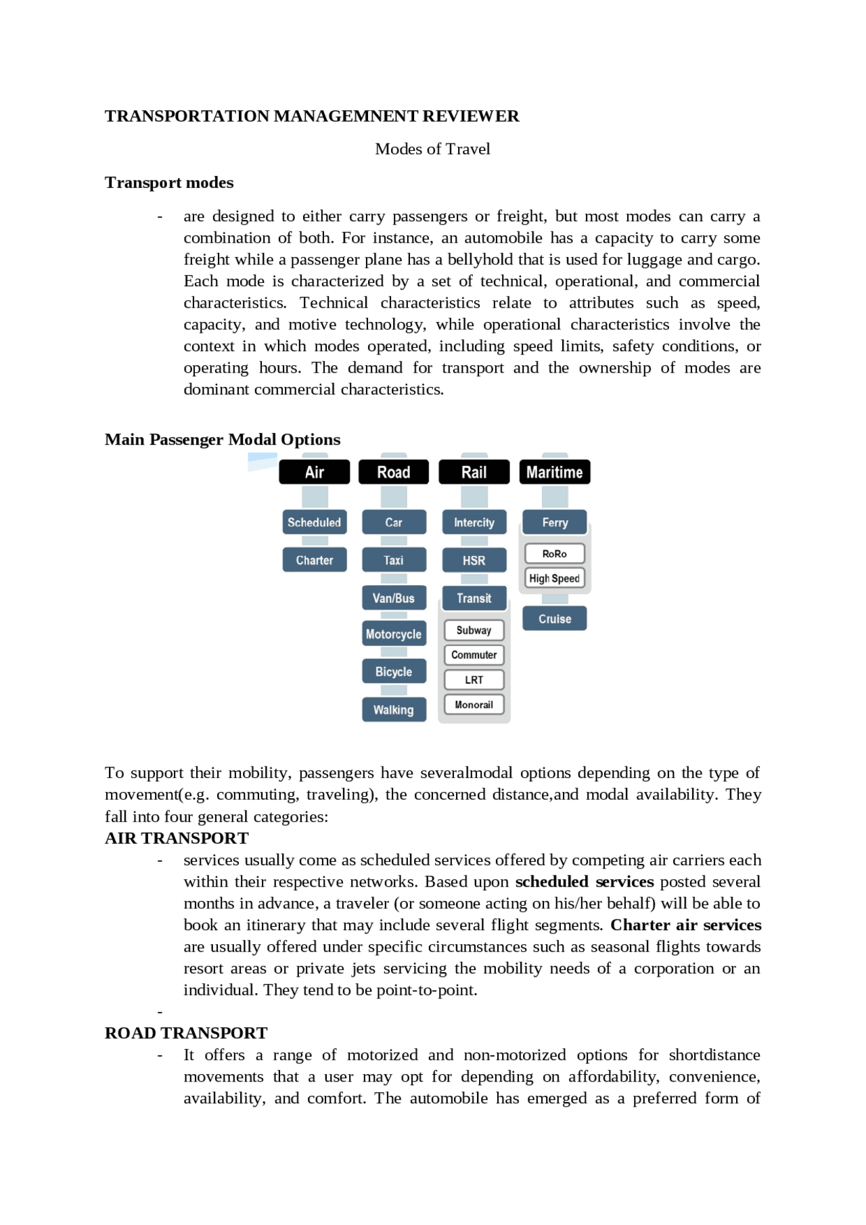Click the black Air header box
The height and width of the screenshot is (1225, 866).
point(314,472)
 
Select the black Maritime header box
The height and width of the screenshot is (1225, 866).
point(554,472)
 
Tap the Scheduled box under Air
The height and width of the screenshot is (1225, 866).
point(314,522)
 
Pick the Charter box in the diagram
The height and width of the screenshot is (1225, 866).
point(314,560)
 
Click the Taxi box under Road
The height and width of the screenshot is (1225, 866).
point(394,560)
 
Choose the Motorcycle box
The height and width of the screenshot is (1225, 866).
point(394,634)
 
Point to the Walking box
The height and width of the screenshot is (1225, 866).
point(394,710)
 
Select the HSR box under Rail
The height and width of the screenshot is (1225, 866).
point(474,560)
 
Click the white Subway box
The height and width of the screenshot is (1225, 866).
point(474,630)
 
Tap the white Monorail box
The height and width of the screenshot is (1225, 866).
point(474,705)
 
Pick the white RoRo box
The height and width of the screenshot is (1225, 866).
point(554,554)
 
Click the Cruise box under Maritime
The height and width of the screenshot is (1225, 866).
point(554,619)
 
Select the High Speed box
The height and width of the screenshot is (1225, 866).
point(554,578)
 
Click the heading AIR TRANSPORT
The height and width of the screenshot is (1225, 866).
point(177,838)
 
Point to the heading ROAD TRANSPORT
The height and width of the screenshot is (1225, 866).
point(186,1033)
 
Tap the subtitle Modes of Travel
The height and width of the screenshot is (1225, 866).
point(432,149)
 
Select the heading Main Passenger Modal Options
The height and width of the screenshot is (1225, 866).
point(223,440)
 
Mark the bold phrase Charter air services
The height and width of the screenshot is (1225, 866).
point(685,925)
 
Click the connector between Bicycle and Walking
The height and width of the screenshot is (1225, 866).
point(394,691)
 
